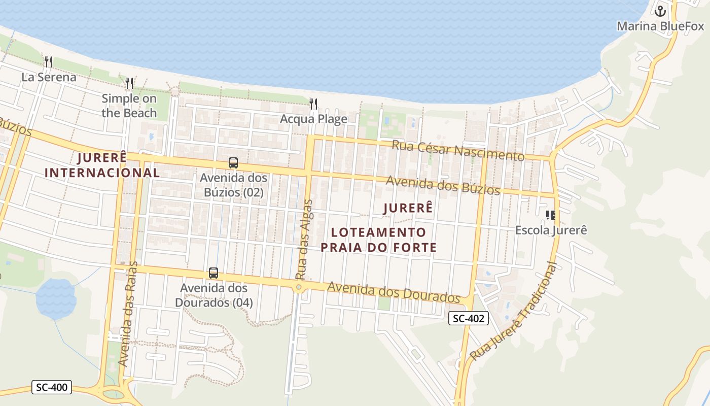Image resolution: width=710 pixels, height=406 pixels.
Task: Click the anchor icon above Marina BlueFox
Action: click(x=660, y=10)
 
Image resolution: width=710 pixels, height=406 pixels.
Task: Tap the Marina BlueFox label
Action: click(x=660, y=26)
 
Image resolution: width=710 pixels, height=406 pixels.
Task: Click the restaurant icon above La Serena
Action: click(x=49, y=62)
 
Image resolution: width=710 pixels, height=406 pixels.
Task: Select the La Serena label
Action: click(x=49, y=77)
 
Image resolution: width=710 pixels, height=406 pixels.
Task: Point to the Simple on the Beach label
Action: click(x=129, y=106)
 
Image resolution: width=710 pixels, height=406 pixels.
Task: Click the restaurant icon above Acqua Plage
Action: click(x=313, y=104)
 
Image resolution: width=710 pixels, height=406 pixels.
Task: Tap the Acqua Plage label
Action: click(x=313, y=119)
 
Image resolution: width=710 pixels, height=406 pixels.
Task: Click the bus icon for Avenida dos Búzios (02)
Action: click(x=233, y=163)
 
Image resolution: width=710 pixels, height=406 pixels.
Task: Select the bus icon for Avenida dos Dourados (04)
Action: click(x=214, y=273)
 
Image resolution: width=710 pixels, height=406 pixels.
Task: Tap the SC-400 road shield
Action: click(x=52, y=387)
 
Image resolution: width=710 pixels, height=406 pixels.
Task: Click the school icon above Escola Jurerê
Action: click(x=551, y=215)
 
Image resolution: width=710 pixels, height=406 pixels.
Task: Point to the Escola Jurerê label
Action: click(x=551, y=230)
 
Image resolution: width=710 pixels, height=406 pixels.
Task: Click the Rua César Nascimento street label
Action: click(x=457, y=151)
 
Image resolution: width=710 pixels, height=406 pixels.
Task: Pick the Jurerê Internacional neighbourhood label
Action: click(x=102, y=165)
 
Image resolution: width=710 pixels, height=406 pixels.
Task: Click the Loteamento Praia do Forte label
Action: click(x=378, y=240)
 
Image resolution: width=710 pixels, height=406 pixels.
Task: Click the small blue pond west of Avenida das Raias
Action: click(x=56, y=298)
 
